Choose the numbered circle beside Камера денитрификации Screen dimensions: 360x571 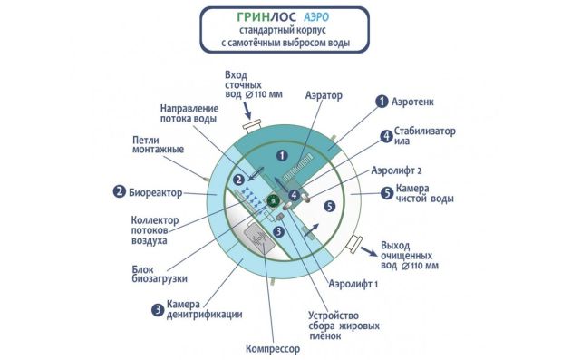(x=157, y=309)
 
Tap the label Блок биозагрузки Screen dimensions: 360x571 (x=162, y=271)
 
